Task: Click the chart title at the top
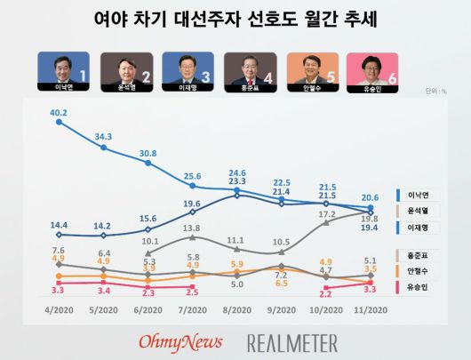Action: tap(235, 19)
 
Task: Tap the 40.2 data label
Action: tap(60, 112)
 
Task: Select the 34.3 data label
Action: tap(104, 137)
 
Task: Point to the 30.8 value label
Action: tap(148, 153)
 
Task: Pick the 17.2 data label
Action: tap(327, 214)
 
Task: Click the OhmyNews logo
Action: tap(180, 340)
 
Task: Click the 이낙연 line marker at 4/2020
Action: tap(60, 122)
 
